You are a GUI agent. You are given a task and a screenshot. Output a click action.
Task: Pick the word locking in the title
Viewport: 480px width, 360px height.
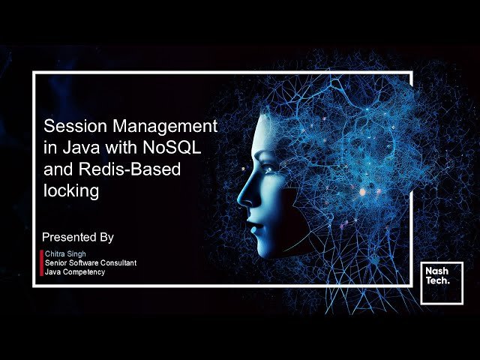tap(71, 191)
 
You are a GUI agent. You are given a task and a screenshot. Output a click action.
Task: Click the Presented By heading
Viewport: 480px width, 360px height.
tap(78, 237)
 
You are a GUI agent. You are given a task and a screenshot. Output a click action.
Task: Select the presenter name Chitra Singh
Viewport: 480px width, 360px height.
tap(65, 254)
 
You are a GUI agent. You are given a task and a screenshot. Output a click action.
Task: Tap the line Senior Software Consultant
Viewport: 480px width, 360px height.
tap(91, 263)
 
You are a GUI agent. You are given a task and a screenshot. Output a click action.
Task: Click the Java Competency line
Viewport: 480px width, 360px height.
tap(75, 272)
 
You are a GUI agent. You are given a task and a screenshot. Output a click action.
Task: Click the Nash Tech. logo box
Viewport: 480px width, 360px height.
tap(441, 283)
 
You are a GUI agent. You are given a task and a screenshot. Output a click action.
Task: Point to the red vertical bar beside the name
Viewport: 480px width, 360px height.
tap(41, 263)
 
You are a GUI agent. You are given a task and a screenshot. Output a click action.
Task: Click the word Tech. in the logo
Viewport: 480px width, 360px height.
tap(437, 281)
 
